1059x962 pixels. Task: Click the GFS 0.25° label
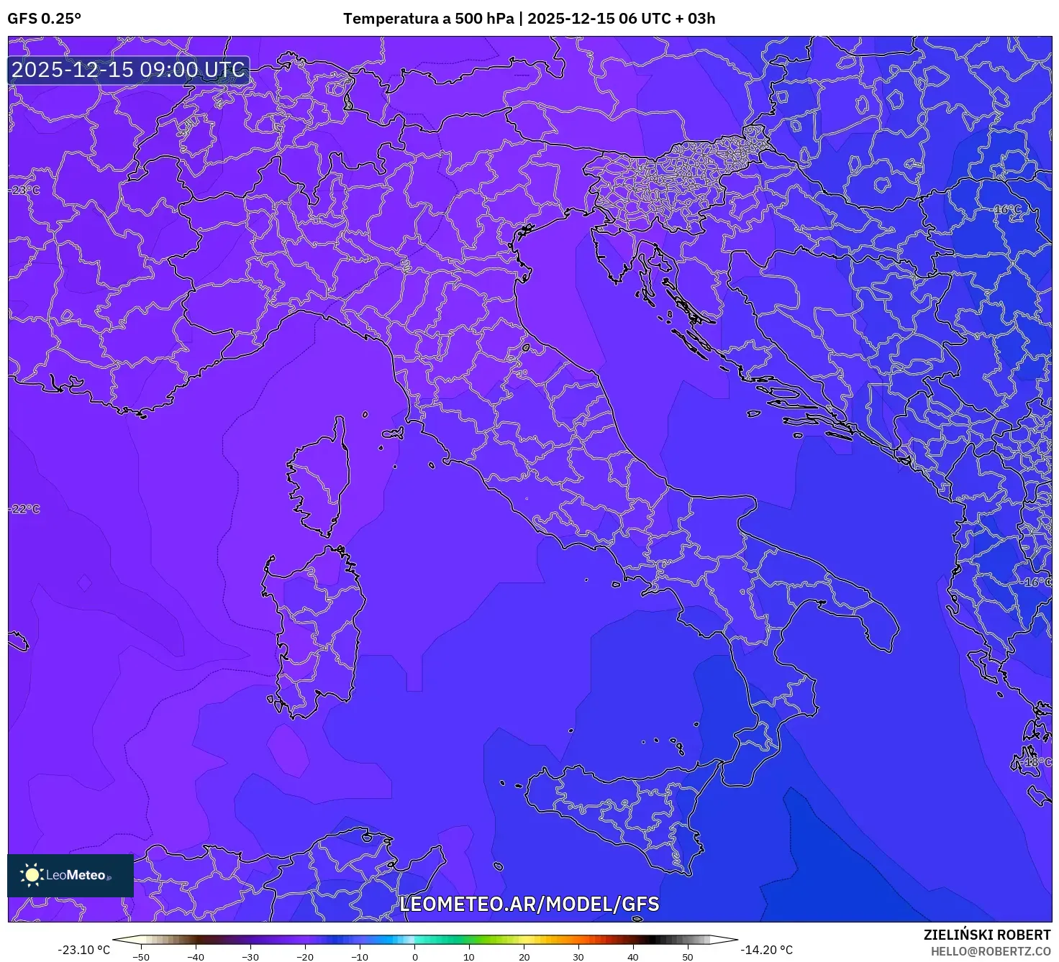[x=44, y=19]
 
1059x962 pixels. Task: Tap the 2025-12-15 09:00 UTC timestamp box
[x=129, y=70]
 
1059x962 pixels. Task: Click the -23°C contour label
[x=25, y=191]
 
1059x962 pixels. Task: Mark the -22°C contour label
[x=25, y=509]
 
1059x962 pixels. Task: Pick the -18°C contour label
[x=1037, y=762]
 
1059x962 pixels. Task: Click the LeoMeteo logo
[x=70, y=875]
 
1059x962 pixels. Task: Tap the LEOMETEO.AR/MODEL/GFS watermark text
[x=529, y=904]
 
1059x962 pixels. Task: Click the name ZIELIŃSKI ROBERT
[x=987, y=935]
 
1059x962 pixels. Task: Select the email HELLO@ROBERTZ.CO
[x=991, y=950]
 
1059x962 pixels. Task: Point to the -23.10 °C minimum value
[x=83, y=950]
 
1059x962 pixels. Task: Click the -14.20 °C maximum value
[x=767, y=950]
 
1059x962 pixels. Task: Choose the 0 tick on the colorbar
[x=415, y=956]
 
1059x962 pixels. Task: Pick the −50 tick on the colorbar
[x=141, y=956]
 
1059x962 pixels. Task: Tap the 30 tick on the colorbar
[x=578, y=956]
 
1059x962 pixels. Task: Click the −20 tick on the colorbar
[x=305, y=956]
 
